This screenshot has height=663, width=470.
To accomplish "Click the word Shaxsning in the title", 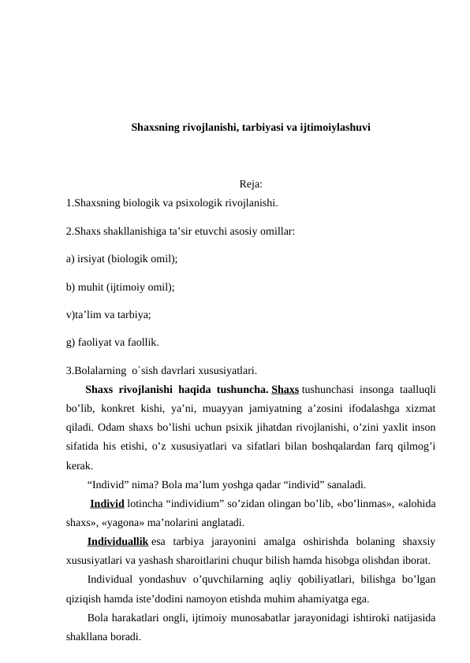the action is click(x=155, y=126).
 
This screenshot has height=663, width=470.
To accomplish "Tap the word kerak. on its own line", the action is click(x=80, y=465).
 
